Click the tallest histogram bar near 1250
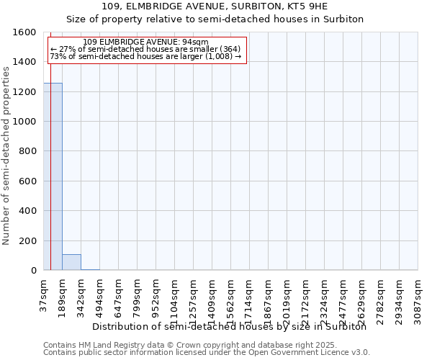pos(53,176)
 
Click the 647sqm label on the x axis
pos(118,295)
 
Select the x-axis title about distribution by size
pos(230,326)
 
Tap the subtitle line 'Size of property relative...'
pos(215,19)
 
